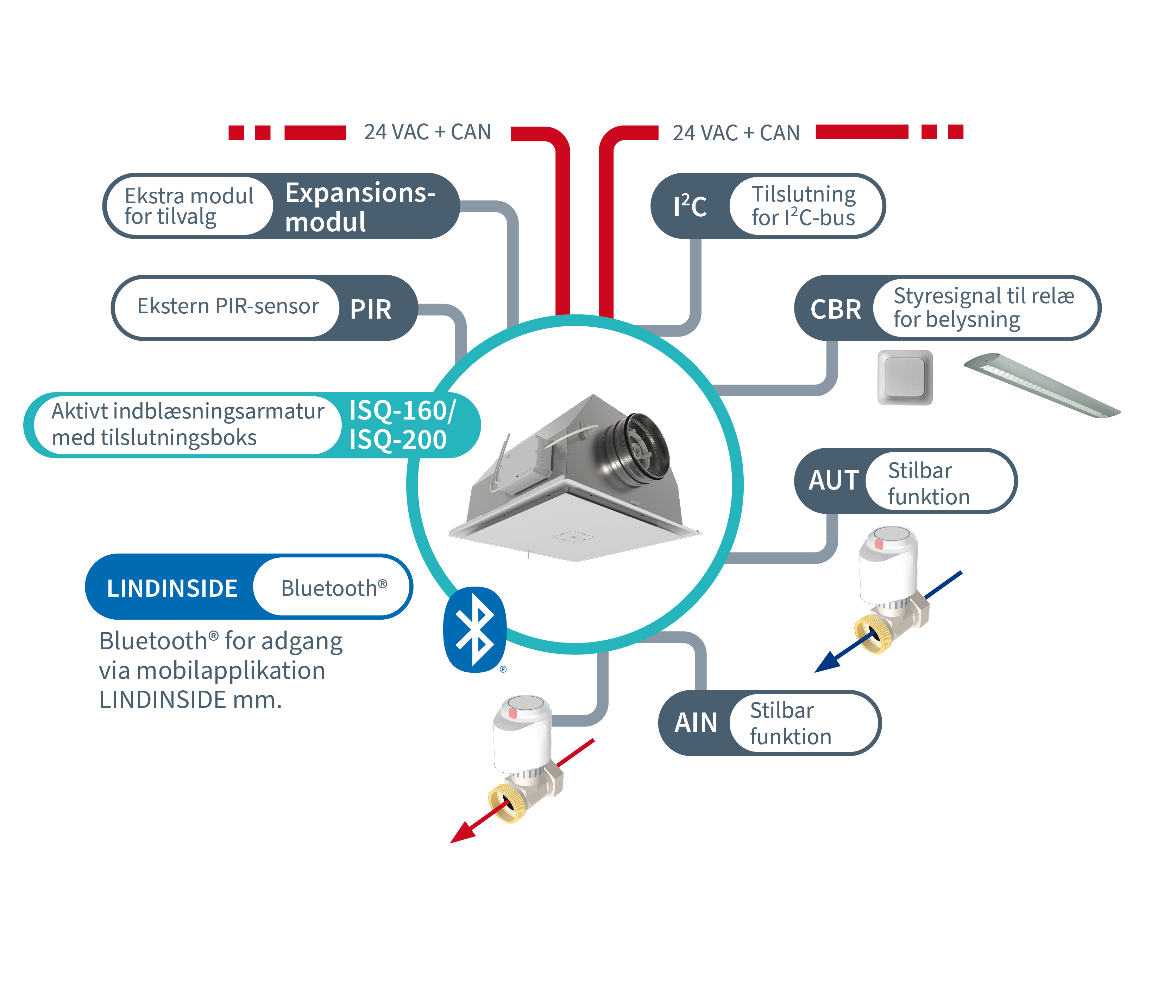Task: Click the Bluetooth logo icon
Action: click(x=475, y=629)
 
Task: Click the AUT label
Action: click(x=834, y=480)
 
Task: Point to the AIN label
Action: click(x=696, y=722)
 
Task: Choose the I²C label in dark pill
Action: click(x=690, y=206)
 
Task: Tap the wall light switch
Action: click(x=905, y=377)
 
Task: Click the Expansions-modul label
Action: click(x=359, y=206)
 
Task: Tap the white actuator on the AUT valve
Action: click(x=889, y=564)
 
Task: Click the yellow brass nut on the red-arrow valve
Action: click(x=507, y=804)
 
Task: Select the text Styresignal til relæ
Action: click(x=983, y=296)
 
